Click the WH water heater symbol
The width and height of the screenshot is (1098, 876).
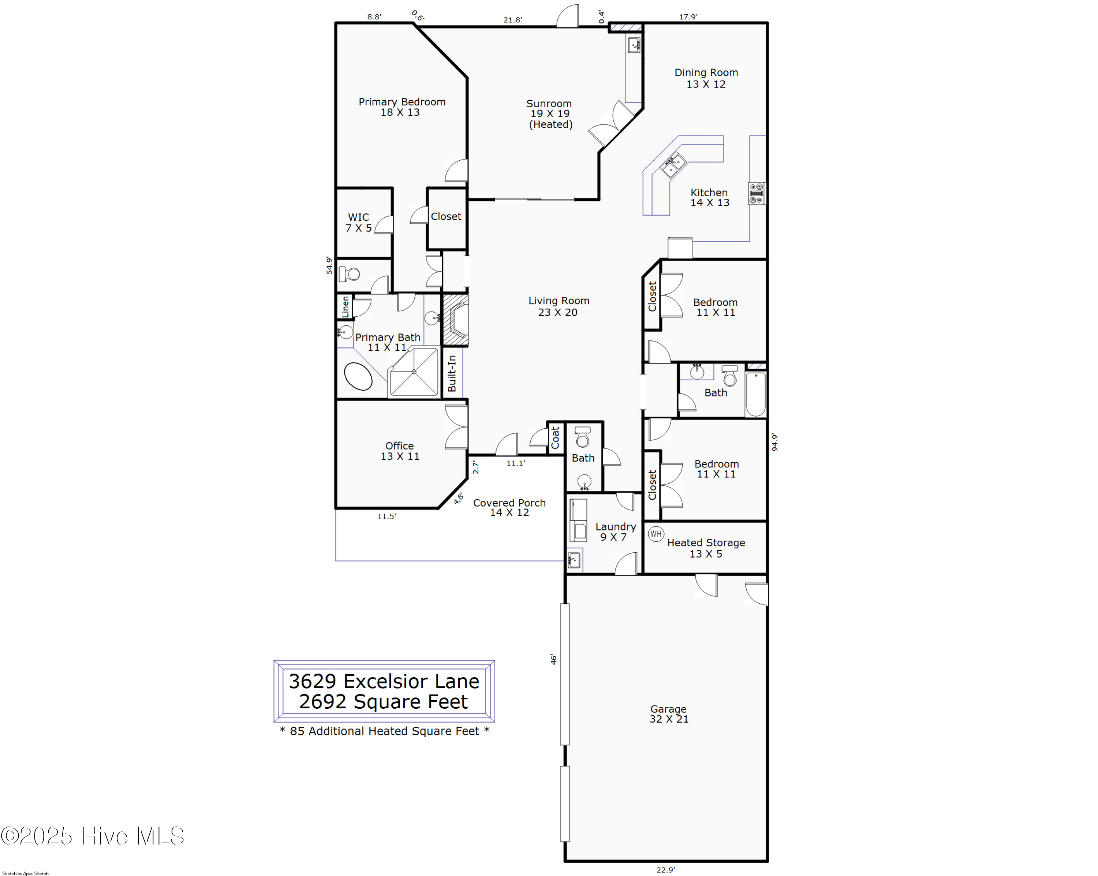(x=656, y=534)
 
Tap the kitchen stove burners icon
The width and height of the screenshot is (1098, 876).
(x=756, y=194)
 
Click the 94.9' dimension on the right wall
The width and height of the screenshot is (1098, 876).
(x=774, y=442)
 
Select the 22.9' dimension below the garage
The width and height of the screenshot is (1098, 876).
(x=666, y=870)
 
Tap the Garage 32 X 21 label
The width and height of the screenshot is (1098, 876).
(x=669, y=714)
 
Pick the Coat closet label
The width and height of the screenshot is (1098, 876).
(x=555, y=437)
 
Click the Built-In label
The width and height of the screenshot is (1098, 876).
(x=452, y=373)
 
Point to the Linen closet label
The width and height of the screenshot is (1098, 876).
(x=345, y=307)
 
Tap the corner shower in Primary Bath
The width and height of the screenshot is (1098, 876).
(x=414, y=372)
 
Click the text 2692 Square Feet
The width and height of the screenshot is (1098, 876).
(x=384, y=702)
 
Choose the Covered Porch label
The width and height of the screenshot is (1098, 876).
(x=509, y=507)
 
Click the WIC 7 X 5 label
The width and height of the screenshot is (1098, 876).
(x=359, y=223)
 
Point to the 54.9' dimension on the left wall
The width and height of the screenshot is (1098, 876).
(x=329, y=265)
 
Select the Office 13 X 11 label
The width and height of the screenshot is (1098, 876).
(x=400, y=451)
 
